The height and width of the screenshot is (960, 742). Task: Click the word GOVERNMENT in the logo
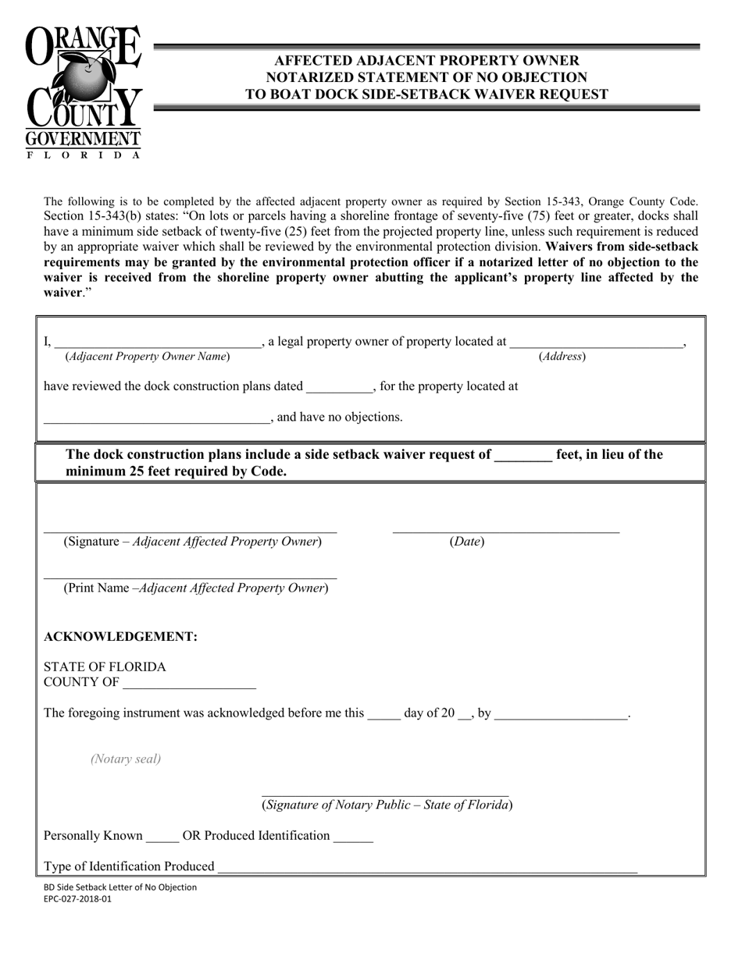83,140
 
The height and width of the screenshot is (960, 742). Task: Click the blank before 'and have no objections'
156,418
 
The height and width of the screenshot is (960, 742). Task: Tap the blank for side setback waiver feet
523,456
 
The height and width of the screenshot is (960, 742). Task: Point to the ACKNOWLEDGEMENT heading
120,637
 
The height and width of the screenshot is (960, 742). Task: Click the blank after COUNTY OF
189,684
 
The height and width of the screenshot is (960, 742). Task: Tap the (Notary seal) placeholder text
126,759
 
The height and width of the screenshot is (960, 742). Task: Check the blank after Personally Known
162,837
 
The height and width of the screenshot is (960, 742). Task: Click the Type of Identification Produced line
427,867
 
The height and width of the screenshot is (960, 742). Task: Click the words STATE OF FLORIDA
105,667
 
